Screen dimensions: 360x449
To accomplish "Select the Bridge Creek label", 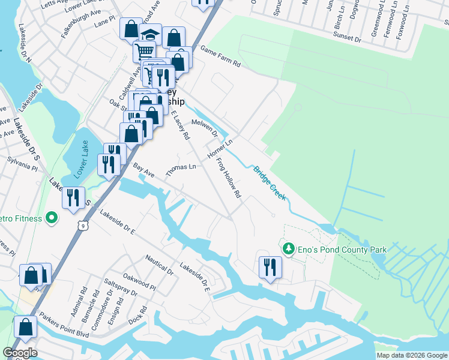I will click(269, 183).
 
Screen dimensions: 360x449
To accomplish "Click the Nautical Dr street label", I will click(159, 265).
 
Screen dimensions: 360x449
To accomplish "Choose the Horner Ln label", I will click(219, 149).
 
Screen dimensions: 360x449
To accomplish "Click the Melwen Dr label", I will click(205, 127).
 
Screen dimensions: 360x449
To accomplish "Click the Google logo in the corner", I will click(20, 352).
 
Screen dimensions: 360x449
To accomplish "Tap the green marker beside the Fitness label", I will click(52, 218).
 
